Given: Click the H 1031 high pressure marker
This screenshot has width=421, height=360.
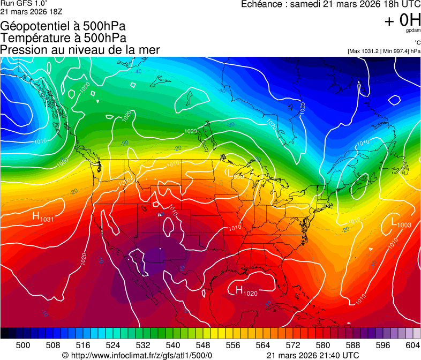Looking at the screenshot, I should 42,217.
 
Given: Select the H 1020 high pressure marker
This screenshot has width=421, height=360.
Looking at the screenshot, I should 246,291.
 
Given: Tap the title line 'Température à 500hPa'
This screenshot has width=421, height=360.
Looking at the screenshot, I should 63,38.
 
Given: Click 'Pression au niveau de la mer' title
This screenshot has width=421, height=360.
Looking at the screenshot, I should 80,50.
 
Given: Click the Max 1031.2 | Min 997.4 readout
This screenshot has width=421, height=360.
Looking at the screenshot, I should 384,51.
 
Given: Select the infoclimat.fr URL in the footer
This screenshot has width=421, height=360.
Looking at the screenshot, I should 137,355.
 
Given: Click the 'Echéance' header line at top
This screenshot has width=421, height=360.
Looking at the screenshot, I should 330,5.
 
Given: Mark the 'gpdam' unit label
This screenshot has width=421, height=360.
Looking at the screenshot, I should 412,31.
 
